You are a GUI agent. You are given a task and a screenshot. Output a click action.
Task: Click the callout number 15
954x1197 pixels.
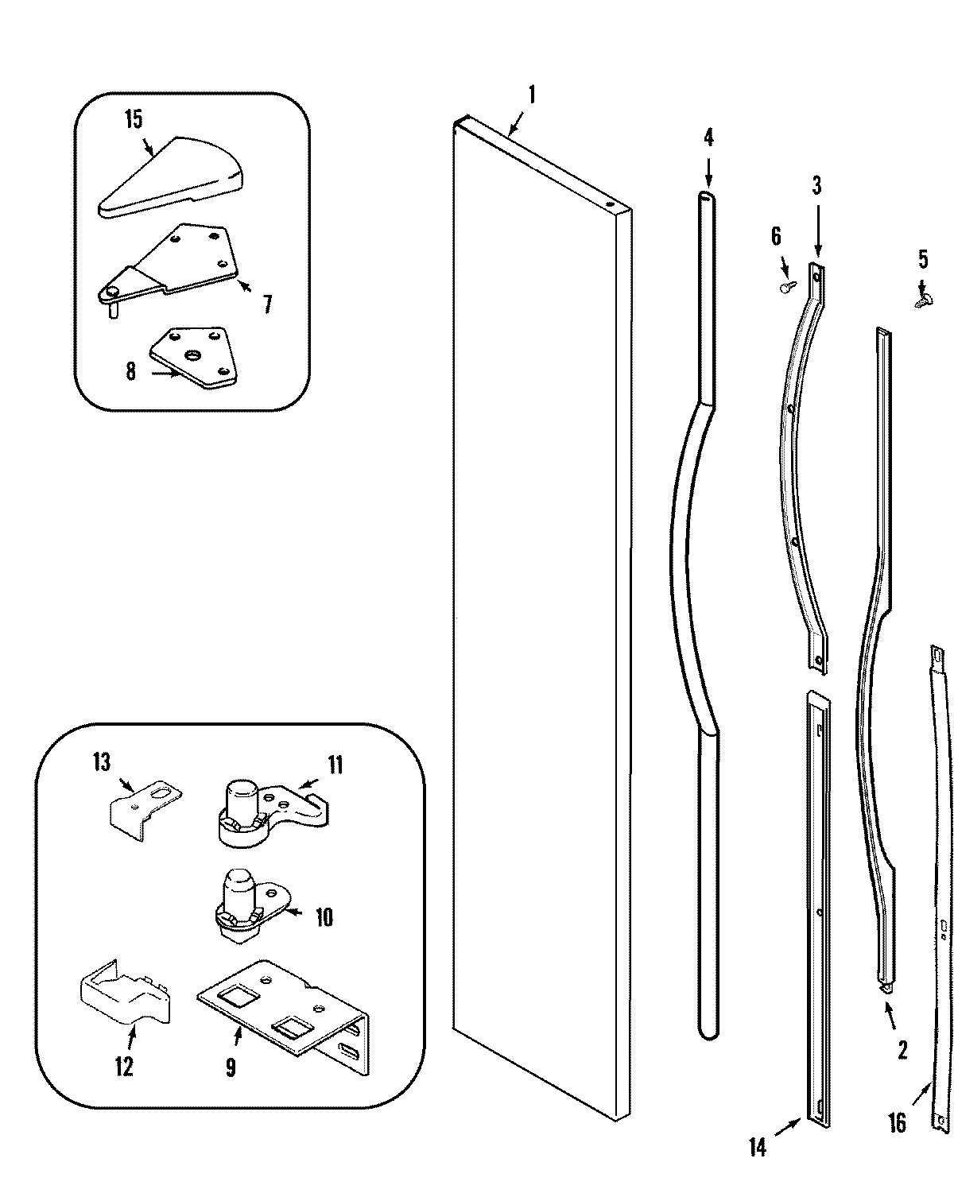coord(133,119)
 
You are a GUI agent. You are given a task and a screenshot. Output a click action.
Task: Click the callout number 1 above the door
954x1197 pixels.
coord(532,95)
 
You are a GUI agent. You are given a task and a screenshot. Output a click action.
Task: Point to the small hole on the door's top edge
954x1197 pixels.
coord(610,204)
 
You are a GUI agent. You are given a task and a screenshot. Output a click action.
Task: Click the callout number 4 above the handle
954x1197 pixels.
coord(708,138)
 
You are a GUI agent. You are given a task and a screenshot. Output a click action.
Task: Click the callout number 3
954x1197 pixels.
coord(816,187)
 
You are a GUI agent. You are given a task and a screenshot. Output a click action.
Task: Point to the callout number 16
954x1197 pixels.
coord(897,1145)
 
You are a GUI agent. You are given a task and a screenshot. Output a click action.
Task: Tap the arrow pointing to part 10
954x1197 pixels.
coord(293,914)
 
